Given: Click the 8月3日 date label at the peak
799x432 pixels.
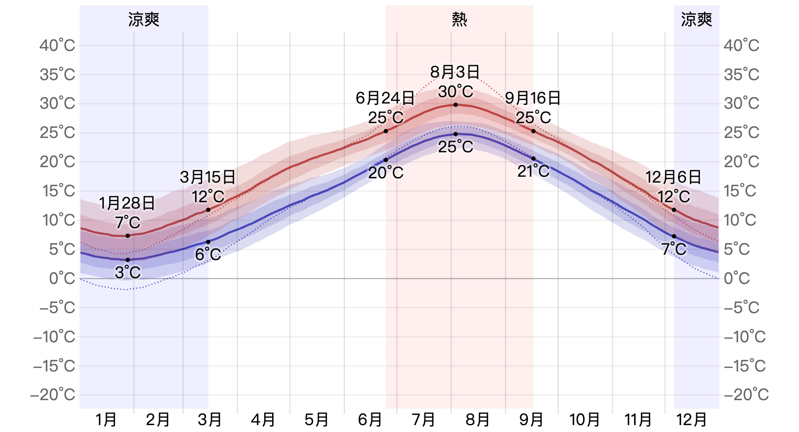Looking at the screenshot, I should tap(455, 72).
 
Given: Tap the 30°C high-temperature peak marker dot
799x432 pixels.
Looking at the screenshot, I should tap(455, 105).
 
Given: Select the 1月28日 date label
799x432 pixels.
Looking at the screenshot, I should tap(127, 203).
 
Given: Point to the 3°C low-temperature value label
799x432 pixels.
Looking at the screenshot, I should tap(128, 272).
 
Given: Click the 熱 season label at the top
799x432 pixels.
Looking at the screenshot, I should tap(459, 20).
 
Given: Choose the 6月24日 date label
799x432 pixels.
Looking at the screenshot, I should tap(385, 98).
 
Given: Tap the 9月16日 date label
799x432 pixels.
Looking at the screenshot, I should tap(533, 98).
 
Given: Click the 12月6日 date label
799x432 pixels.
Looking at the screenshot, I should tap(673, 177).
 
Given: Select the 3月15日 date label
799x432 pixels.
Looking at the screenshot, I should tap(207, 177).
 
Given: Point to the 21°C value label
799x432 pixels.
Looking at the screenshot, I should tap(533, 171).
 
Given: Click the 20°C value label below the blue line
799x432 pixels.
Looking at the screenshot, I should tap(386, 172).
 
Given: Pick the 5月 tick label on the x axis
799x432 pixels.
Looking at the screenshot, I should tap(317, 420).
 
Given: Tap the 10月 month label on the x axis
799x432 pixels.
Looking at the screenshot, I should tap(585, 420).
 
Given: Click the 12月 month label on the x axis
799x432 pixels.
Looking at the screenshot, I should tap(692, 420).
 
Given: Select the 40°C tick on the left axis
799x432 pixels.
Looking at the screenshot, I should tap(57, 46).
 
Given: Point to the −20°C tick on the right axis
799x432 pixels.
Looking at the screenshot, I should tap(746, 394).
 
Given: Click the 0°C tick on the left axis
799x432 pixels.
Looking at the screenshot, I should tap(62, 278).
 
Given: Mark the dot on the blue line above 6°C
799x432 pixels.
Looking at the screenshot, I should tap(208, 242).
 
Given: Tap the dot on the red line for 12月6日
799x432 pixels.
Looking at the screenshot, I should tap(674, 210).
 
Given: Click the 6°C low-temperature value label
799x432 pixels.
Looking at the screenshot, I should tap(208, 254).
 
